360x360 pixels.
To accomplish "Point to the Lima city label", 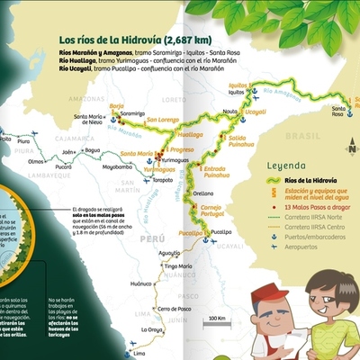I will click(139, 353).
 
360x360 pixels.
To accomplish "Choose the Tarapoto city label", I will click(163, 179).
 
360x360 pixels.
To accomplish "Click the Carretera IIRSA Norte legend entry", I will click(310, 217).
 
